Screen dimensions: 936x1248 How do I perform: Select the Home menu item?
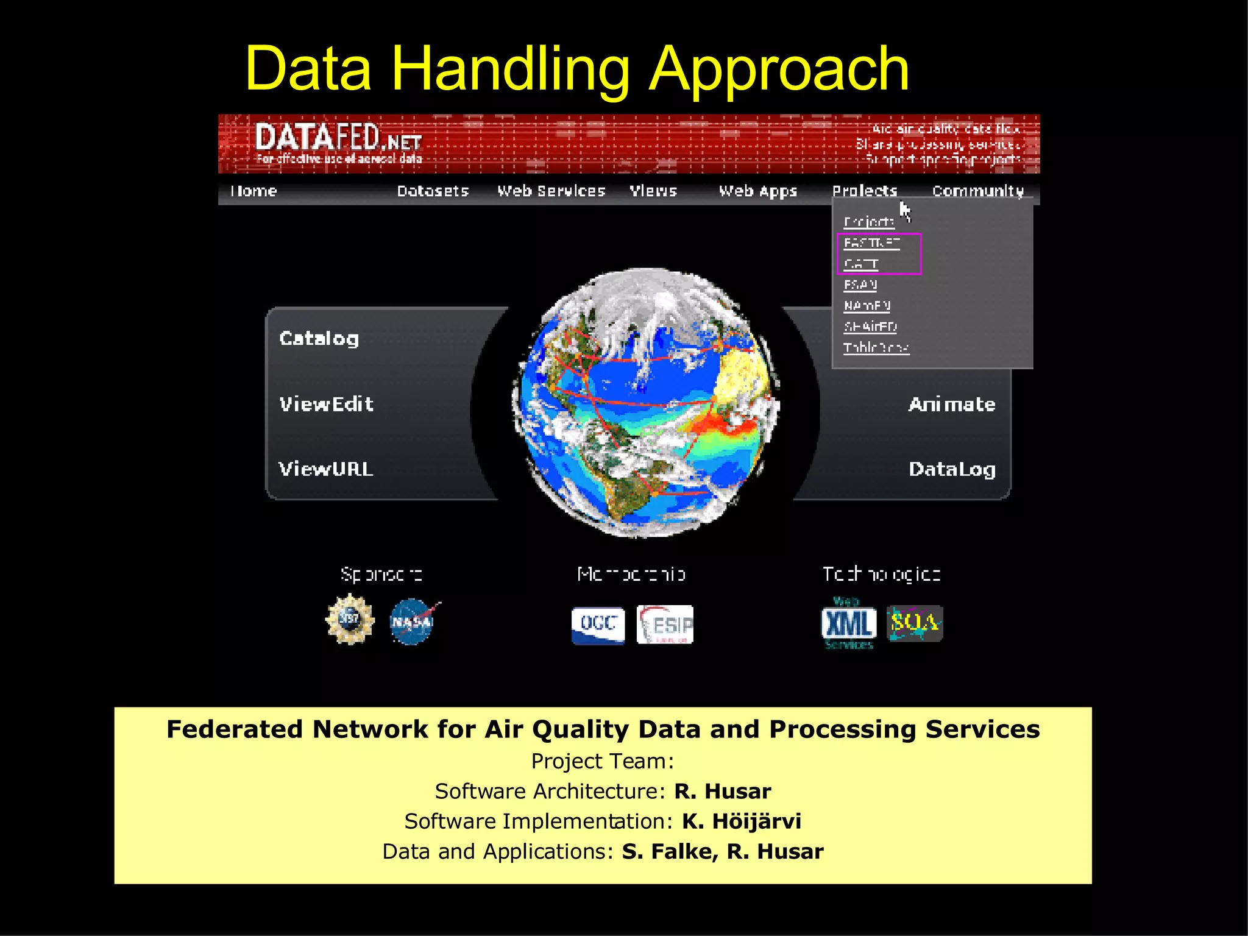click(253, 191)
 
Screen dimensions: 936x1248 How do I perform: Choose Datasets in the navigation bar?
click(433, 191)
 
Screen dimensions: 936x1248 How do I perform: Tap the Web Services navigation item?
click(551, 191)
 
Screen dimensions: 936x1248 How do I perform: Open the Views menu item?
click(653, 191)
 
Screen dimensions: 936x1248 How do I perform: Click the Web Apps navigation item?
click(757, 191)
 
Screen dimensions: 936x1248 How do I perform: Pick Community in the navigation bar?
click(977, 191)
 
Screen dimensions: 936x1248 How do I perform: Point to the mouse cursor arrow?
click(904, 211)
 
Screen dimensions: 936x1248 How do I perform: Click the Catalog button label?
click(319, 339)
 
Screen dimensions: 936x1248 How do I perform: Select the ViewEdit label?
click(326, 404)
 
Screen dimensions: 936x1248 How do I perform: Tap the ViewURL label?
click(325, 469)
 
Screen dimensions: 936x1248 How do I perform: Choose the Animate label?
click(951, 405)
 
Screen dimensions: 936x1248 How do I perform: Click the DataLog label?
click(952, 469)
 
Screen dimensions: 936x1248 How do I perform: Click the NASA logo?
click(413, 622)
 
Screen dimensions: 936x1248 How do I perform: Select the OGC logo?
click(598, 625)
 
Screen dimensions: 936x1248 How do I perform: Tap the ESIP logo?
click(665, 625)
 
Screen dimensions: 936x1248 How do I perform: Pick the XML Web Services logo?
click(848, 623)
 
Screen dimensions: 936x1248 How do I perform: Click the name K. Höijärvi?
click(741, 821)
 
